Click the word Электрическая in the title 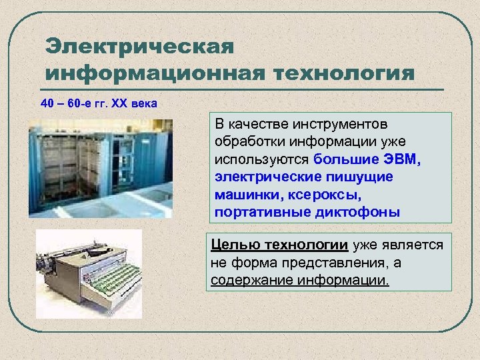[140, 47]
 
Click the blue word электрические [266, 177]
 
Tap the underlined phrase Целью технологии [279, 245]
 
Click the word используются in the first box [262, 160]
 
